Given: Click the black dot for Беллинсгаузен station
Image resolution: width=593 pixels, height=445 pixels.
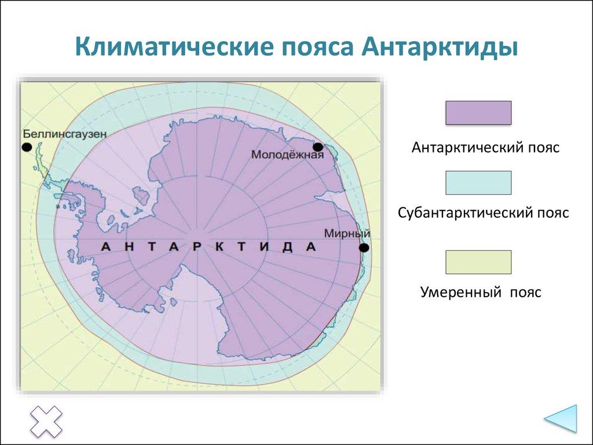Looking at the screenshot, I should tap(27, 147).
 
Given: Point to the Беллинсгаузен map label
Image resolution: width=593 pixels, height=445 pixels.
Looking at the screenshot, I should tap(65, 134).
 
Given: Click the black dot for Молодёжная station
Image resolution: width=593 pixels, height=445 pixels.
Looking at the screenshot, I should tap(317, 147).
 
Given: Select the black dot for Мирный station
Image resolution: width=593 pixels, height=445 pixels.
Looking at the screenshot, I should tap(364, 248).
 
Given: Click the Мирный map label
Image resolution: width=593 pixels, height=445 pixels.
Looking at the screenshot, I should tap(347, 234).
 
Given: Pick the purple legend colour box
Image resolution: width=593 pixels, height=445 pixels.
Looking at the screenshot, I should tap(478, 112).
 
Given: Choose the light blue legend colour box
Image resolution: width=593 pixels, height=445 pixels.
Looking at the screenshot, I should tap(478, 183).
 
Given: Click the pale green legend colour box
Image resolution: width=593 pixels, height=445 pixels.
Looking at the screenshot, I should tap(478, 262).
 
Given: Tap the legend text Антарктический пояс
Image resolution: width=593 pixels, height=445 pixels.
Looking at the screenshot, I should tap(485, 148).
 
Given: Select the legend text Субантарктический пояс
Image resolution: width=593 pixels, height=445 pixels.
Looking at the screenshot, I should tap(484, 213).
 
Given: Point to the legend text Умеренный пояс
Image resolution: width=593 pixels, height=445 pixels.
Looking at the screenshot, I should tap(481, 292).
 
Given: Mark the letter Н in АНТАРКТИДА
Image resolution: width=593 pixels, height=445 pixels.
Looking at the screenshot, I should tap(129, 246).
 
